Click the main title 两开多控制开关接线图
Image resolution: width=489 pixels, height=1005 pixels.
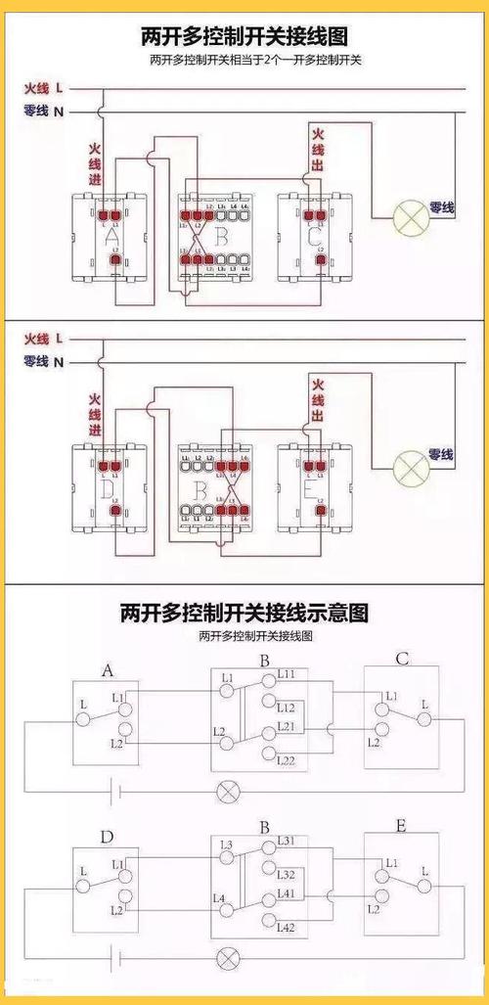[x=244, y=37]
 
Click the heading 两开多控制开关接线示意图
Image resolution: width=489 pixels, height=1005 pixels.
[x=244, y=614]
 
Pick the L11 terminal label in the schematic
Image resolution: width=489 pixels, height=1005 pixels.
[x=291, y=675]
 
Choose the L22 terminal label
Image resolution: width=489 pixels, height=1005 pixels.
[x=287, y=760]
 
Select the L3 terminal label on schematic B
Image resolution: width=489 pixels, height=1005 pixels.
[x=227, y=845]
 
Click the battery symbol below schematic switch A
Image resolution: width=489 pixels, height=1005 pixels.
[x=116, y=789]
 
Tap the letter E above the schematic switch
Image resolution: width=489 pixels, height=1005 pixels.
[x=400, y=826]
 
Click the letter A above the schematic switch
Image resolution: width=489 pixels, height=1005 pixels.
[x=107, y=669]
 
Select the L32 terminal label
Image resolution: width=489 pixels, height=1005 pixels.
[x=287, y=874]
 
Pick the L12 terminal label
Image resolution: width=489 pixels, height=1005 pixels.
[x=287, y=707]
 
